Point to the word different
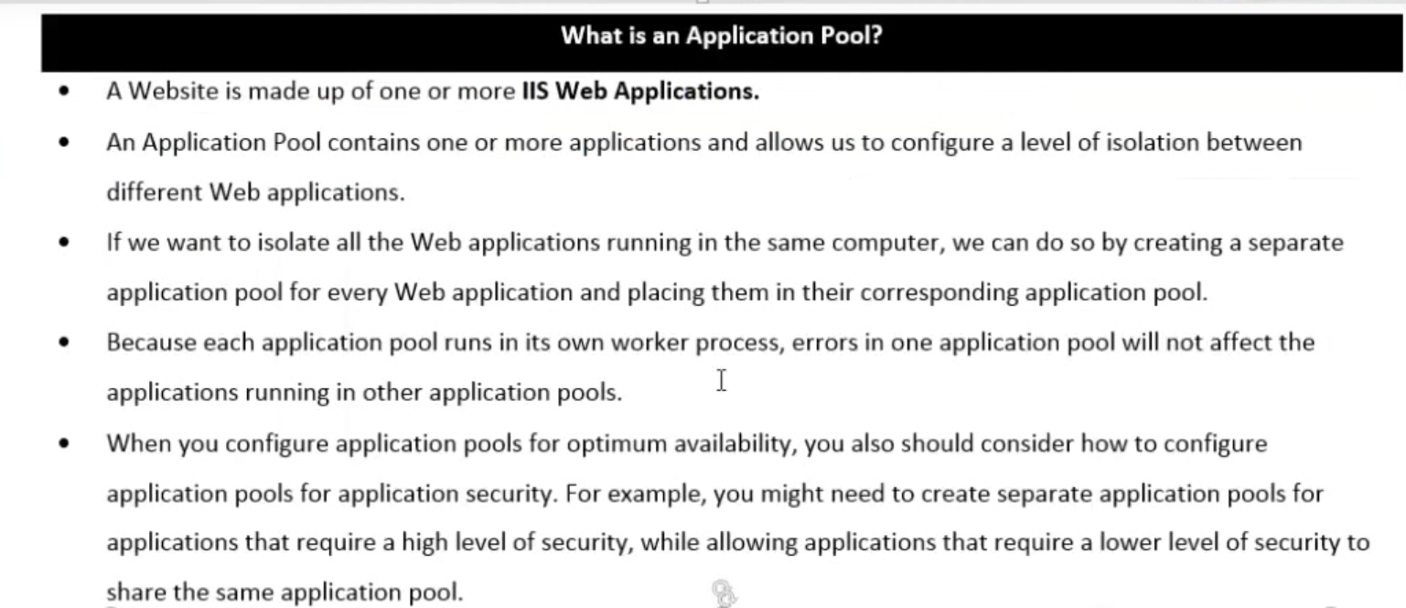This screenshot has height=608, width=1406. point(154,192)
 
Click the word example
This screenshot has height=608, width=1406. point(655,494)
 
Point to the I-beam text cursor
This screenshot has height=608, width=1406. point(721,380)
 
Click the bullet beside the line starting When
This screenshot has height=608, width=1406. point(64,444)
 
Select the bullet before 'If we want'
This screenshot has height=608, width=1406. point(64,243)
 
